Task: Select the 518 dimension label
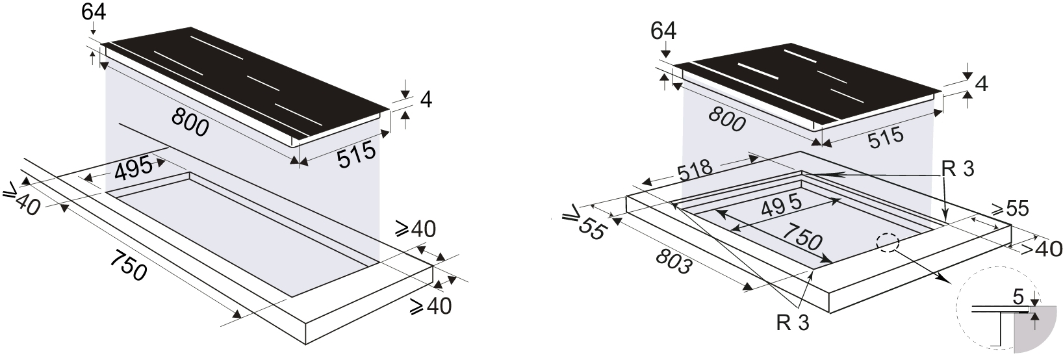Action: click(695, 171)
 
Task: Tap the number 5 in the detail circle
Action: click(1018, 298)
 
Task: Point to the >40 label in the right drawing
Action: click(1041, 248)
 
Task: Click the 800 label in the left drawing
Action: click(190, 122)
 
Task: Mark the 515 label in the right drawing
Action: click(886, 137)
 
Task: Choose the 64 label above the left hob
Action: click(94, 12)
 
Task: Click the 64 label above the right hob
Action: click(663, 31)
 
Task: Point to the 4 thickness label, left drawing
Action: click(426, 99)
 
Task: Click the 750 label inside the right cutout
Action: click(802, 237)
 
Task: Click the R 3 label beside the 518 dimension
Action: click(958, 169)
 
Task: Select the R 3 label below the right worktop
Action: click(793, 323)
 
